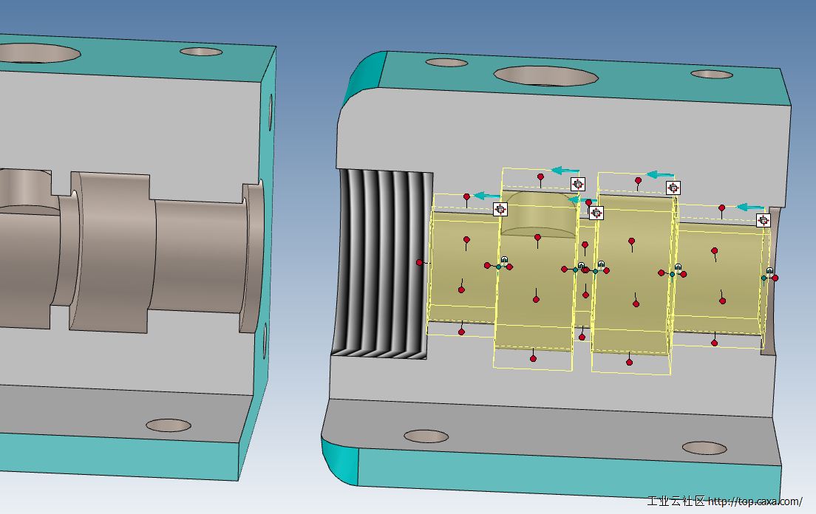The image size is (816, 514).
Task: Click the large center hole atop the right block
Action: pyautogui.click(x=546, y=76)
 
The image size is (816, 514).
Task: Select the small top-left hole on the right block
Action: pyautogui.click(x=446, y=63)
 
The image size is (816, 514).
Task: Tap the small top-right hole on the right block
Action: pyautogui.click(x=712, y=75)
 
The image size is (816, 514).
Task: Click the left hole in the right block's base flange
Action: pyautogui.click(x=426, y=436)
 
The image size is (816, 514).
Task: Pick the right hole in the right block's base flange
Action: pyautogui.click(x=704, y=448)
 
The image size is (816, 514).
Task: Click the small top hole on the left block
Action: pyautogui.click(x=201, y=52)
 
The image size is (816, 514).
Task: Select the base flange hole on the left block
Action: pyautogui.click(x=169, y=425)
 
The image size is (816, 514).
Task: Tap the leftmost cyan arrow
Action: pyautogui.click(x=487, y=196)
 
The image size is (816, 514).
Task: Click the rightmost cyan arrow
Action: pyautogui.click(x=750, y=208)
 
